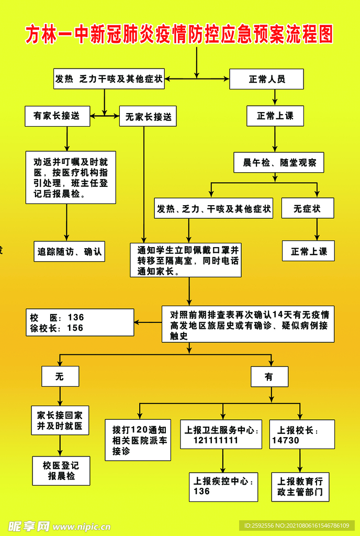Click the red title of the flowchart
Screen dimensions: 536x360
(x=179, y=35)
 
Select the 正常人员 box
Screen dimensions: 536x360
(x=266, y=80)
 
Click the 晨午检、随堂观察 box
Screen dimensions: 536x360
(x=278, y=163)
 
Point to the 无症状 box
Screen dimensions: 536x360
(x=307, y=208)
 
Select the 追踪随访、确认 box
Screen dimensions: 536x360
(x=69, y=251)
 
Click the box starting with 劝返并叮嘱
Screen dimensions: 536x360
(x=71, y=177)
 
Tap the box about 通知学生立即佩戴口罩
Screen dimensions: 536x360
(x=185, y=260)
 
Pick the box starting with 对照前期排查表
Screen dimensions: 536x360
(x=248, y=324)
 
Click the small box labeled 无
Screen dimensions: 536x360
(x=60, y=376)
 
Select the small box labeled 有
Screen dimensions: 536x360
(x=269, y=376)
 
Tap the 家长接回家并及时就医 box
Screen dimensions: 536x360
(x=60, y=420)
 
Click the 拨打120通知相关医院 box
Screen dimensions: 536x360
(x=138, y=440)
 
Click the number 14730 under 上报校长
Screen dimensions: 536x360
(x=286, y=440)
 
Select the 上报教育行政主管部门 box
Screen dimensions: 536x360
(x=300, y=487)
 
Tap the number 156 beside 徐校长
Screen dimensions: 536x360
(x=75, y=328)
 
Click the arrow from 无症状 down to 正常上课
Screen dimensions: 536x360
(x=317, y=229)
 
